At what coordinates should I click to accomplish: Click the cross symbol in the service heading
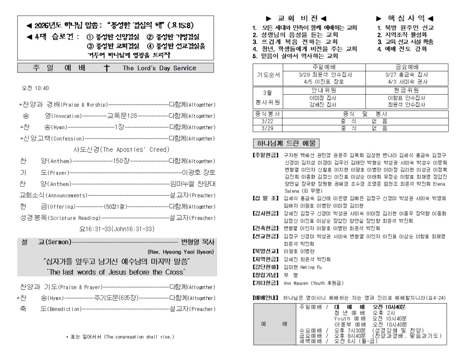click(x=107, y=68)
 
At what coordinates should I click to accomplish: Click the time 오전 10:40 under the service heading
click(x=35, y=88)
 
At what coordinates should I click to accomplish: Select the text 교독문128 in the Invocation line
click(x=122, y=116)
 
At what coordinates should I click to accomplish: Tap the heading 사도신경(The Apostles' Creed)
click(x=122, y=150)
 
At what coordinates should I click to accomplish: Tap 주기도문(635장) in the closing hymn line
click(x=116, y=298)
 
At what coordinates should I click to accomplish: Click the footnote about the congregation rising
click(x=120, y=337)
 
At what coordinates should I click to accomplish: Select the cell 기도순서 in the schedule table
click(x=268, y=75)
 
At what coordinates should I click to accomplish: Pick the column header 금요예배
click(x=407, y=67)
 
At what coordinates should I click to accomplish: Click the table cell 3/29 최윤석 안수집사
click(x=324, y=75)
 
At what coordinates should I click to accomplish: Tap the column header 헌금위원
click(x=407, y=90)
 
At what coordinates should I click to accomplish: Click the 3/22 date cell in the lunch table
click(x=268, y=121)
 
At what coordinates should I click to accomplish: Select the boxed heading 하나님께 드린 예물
click(x=286, y=143)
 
